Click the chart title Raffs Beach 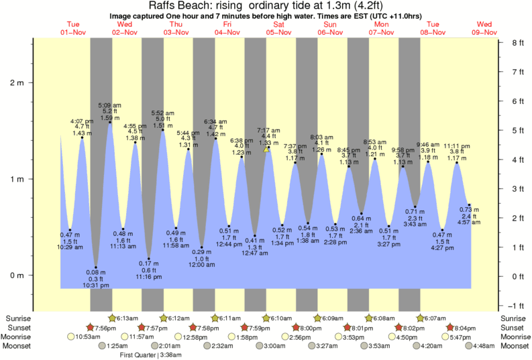click(x=175, y=5)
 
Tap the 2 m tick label click(x=17, y=83)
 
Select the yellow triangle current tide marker click(x=267, y=149)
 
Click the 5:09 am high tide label click(x=110, y=105)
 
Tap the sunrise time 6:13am click(x=128, y=318)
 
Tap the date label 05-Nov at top click(x=278, y=32)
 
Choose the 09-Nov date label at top click(x=484, y=32)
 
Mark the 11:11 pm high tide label click(x=457, y=145)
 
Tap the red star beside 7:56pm click(x=91, y=327)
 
